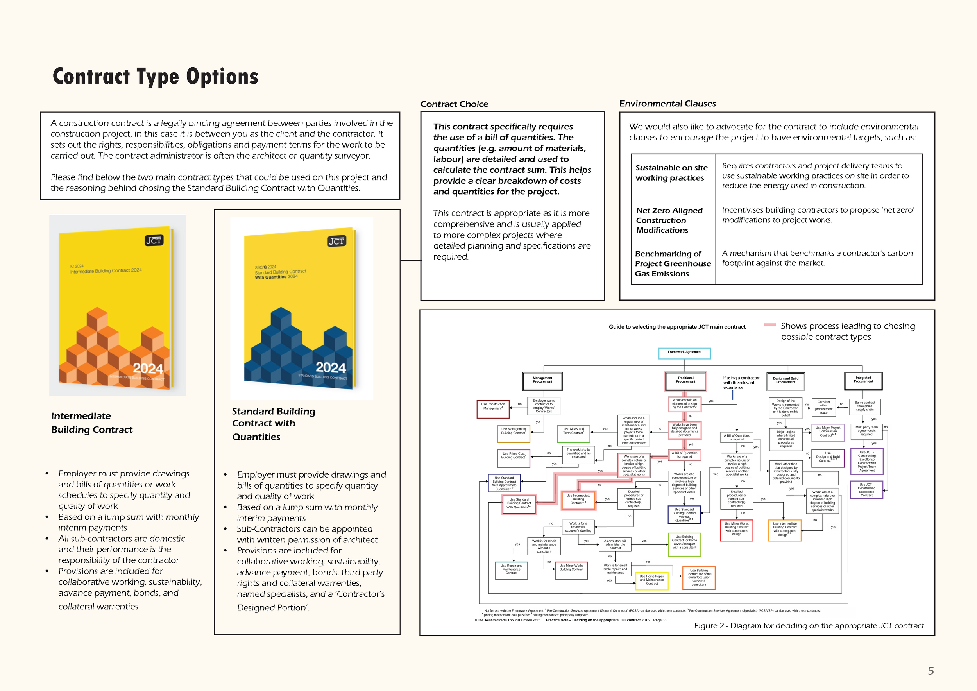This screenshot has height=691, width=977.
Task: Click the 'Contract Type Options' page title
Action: pos(155,77)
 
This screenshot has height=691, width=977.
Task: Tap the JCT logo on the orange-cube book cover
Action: pos(154,240)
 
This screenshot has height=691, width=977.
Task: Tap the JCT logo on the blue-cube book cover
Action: pos(336,241)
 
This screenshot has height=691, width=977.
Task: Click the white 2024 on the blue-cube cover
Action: pos(331,367)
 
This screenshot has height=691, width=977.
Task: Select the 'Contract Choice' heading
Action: pos(454,104)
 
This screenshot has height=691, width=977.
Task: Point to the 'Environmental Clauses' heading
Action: pos(667,104)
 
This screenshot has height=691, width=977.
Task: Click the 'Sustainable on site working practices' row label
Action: pos(671,173)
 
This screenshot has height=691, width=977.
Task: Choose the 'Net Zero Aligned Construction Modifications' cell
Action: pos(669,220)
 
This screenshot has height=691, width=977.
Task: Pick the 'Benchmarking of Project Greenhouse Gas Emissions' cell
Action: pos(673,264)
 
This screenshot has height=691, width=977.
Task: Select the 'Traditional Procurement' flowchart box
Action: pos(685,380)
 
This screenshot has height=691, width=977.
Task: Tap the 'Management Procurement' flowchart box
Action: pos(542,381)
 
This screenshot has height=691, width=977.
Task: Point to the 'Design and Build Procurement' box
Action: pos(786,381)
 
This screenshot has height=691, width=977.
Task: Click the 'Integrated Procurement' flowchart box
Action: pos(863,380)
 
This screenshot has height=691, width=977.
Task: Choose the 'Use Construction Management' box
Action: pos(493,408)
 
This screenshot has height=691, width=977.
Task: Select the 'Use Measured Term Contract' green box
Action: pos(574,433)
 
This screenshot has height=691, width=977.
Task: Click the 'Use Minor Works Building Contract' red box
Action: pos(571,570)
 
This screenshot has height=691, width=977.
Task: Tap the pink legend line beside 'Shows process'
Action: pos(770,325)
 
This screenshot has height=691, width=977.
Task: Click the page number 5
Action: pos(930,671)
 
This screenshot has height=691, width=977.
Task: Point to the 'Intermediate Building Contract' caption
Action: pos(92,422)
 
